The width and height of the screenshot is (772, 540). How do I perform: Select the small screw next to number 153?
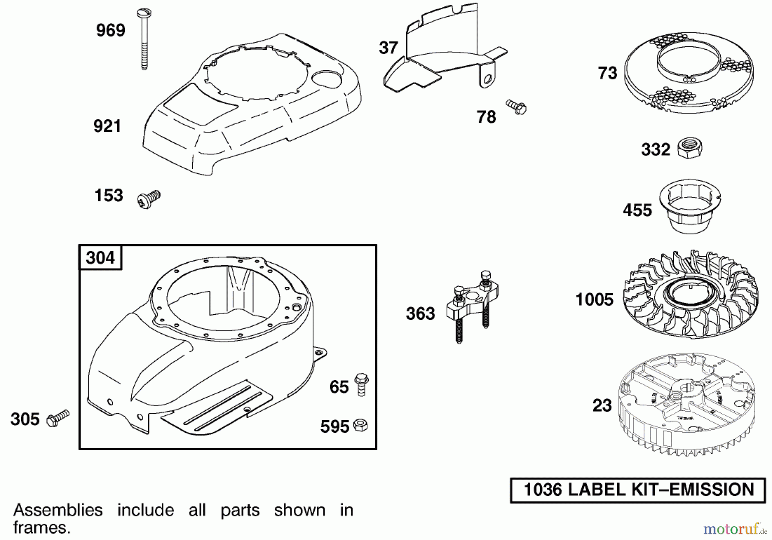click(x=149, y=200)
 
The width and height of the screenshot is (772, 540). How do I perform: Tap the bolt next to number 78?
click(x=517, y=107)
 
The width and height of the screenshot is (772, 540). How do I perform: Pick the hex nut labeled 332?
click(x=689, y=148)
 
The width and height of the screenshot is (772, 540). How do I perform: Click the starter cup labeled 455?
click(x=690, y=208)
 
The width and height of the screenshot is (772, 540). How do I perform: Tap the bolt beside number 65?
click(x=361, y=384)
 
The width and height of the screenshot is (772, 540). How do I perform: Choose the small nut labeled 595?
click(x=360, y=425)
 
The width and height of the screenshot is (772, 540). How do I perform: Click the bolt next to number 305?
click(x=57, y=418)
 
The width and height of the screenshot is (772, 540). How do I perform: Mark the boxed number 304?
click(x=100, y=258)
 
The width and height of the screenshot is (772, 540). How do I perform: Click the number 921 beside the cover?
click(x=107, y=126)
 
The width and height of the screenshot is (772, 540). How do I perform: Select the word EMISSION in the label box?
click(x=712, y=490)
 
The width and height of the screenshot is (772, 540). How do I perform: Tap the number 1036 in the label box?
click(x=543, y=490)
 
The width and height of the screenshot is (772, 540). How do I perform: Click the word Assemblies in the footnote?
click(x=58, y=510)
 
